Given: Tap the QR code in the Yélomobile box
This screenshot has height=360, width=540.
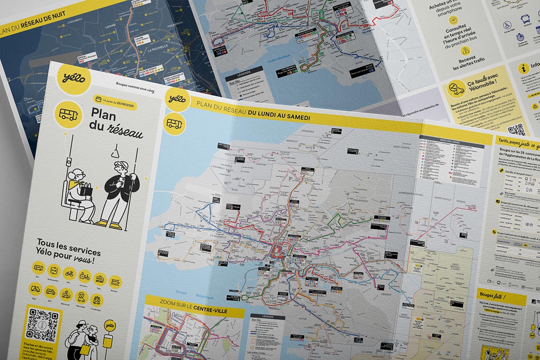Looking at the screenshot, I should coord(516,130).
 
